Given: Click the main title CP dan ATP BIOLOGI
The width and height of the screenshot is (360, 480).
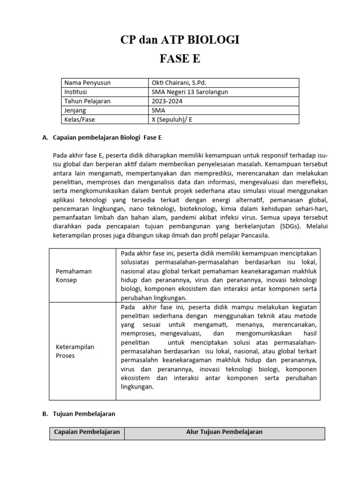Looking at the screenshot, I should [180, 40].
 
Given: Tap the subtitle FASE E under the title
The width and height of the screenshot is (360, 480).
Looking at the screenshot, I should [180, 60].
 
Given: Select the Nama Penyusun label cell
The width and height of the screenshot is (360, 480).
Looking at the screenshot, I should [88, 83].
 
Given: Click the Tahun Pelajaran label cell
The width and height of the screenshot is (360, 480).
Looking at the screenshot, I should [87, 101].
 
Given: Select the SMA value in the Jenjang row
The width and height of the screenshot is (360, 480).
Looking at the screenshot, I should [158, 110].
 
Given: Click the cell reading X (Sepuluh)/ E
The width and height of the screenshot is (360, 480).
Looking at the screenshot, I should [172, 120].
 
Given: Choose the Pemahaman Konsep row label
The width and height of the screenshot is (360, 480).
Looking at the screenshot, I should [74, 276].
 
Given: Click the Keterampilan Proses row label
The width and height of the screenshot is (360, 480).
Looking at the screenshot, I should [75, 351].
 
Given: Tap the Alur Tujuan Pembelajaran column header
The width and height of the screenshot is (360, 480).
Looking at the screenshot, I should [225, 432].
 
